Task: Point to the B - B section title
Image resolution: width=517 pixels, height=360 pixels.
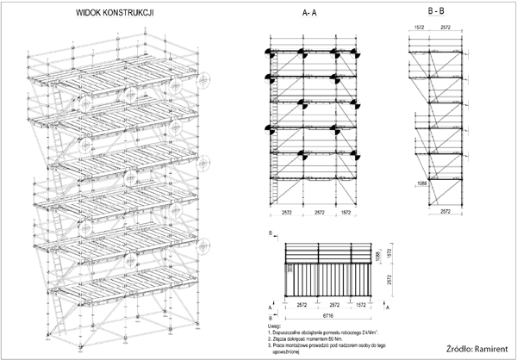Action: pyautogui.click(x=437, y=11)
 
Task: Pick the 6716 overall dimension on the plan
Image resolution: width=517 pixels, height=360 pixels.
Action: pyautogui.click(x=320, y=315)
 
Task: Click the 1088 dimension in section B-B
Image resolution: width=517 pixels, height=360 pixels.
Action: pyautogui.click(x=420, y=183)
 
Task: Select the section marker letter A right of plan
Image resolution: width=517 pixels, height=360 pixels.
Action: pyautogui.click(x=387, y=306)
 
